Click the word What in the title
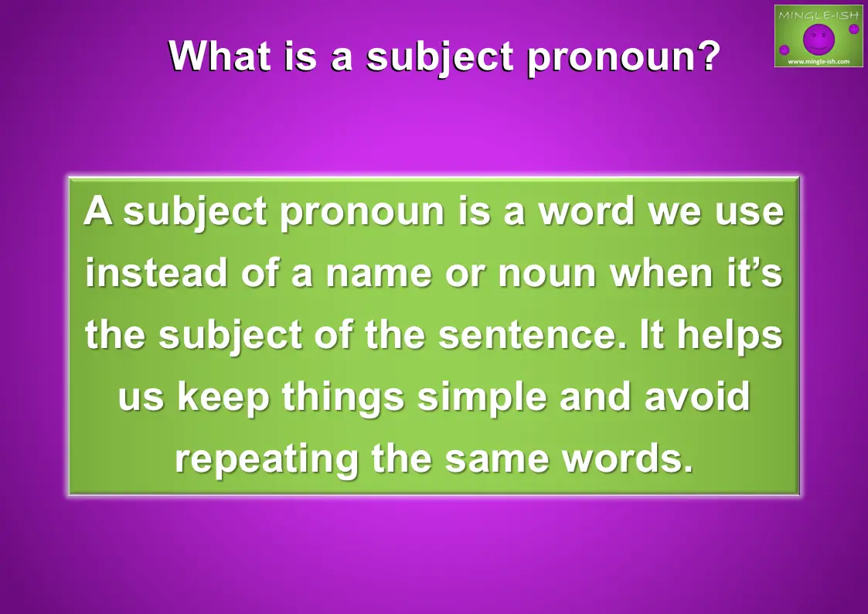[220, 56]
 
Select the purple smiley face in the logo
[819, 39]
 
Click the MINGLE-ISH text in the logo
[819, 15]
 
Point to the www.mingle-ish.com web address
[819, 61]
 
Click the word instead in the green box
[156, 272]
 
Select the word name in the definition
[379, 274]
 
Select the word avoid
[697, 397]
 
